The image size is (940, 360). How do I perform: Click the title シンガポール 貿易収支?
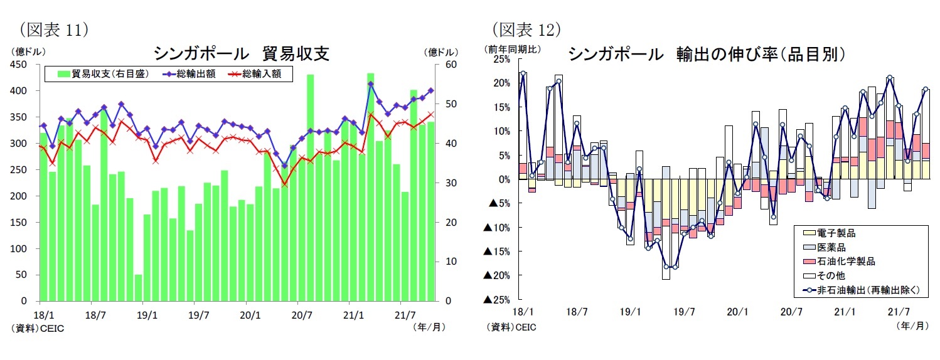pos(242,54)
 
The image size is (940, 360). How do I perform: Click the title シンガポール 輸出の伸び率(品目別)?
pos(705,54)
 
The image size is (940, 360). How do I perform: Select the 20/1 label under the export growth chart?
pos(737,312)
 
